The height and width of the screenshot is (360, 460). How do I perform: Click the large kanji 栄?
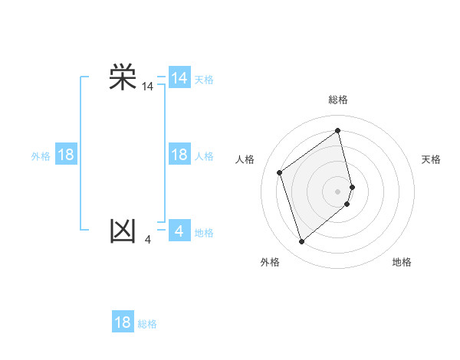point(123,77)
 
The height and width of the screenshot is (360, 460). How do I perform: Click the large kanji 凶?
point(123,231)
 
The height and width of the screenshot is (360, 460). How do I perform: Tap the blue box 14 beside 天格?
point(179,78)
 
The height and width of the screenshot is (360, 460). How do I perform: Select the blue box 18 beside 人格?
point(179,155)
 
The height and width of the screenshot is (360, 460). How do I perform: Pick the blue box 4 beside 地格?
point(179,231)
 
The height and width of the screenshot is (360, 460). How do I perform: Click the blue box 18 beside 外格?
point(66,155)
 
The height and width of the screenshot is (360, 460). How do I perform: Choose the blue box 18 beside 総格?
point(123,322)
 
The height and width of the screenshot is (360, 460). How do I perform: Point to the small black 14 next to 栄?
point(147,87)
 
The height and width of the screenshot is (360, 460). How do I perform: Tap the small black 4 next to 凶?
point(147,240)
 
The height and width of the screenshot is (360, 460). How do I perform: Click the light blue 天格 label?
point(204,80)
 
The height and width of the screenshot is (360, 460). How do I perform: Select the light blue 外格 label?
point(41,156)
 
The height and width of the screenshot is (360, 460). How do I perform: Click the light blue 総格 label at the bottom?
point(147,324)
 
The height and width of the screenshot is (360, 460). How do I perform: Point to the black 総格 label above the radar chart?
point(338,100)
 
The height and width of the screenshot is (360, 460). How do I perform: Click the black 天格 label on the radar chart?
point(431,159)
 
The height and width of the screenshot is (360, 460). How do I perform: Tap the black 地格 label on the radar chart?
point(402,262)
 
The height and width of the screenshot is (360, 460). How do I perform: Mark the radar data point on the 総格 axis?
point(338,130)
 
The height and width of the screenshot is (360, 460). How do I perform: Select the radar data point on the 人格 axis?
point(280,172)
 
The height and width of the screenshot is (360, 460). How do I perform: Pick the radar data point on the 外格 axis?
point(302,242)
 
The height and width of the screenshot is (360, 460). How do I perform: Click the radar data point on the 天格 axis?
point(353,186)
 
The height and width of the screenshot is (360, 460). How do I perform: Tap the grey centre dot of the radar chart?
point(338,191)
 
